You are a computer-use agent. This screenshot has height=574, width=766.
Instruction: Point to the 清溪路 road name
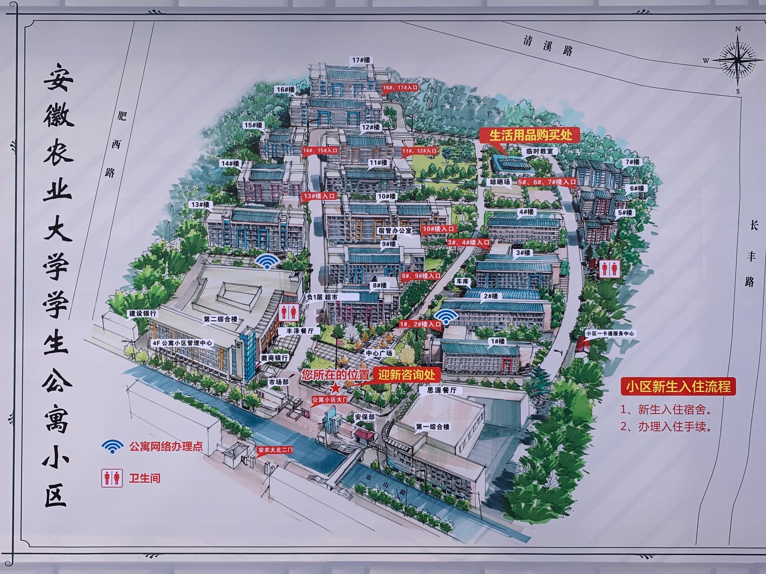(x=548, y=46)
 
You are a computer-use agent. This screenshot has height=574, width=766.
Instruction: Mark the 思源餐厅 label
(x=442, y=390)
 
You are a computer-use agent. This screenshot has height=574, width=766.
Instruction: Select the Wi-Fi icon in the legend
(x=113, y=446)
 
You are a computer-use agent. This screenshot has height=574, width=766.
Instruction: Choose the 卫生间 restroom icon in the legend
(x=112, y=478)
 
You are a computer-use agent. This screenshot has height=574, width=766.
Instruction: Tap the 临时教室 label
(x=539, y=151)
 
